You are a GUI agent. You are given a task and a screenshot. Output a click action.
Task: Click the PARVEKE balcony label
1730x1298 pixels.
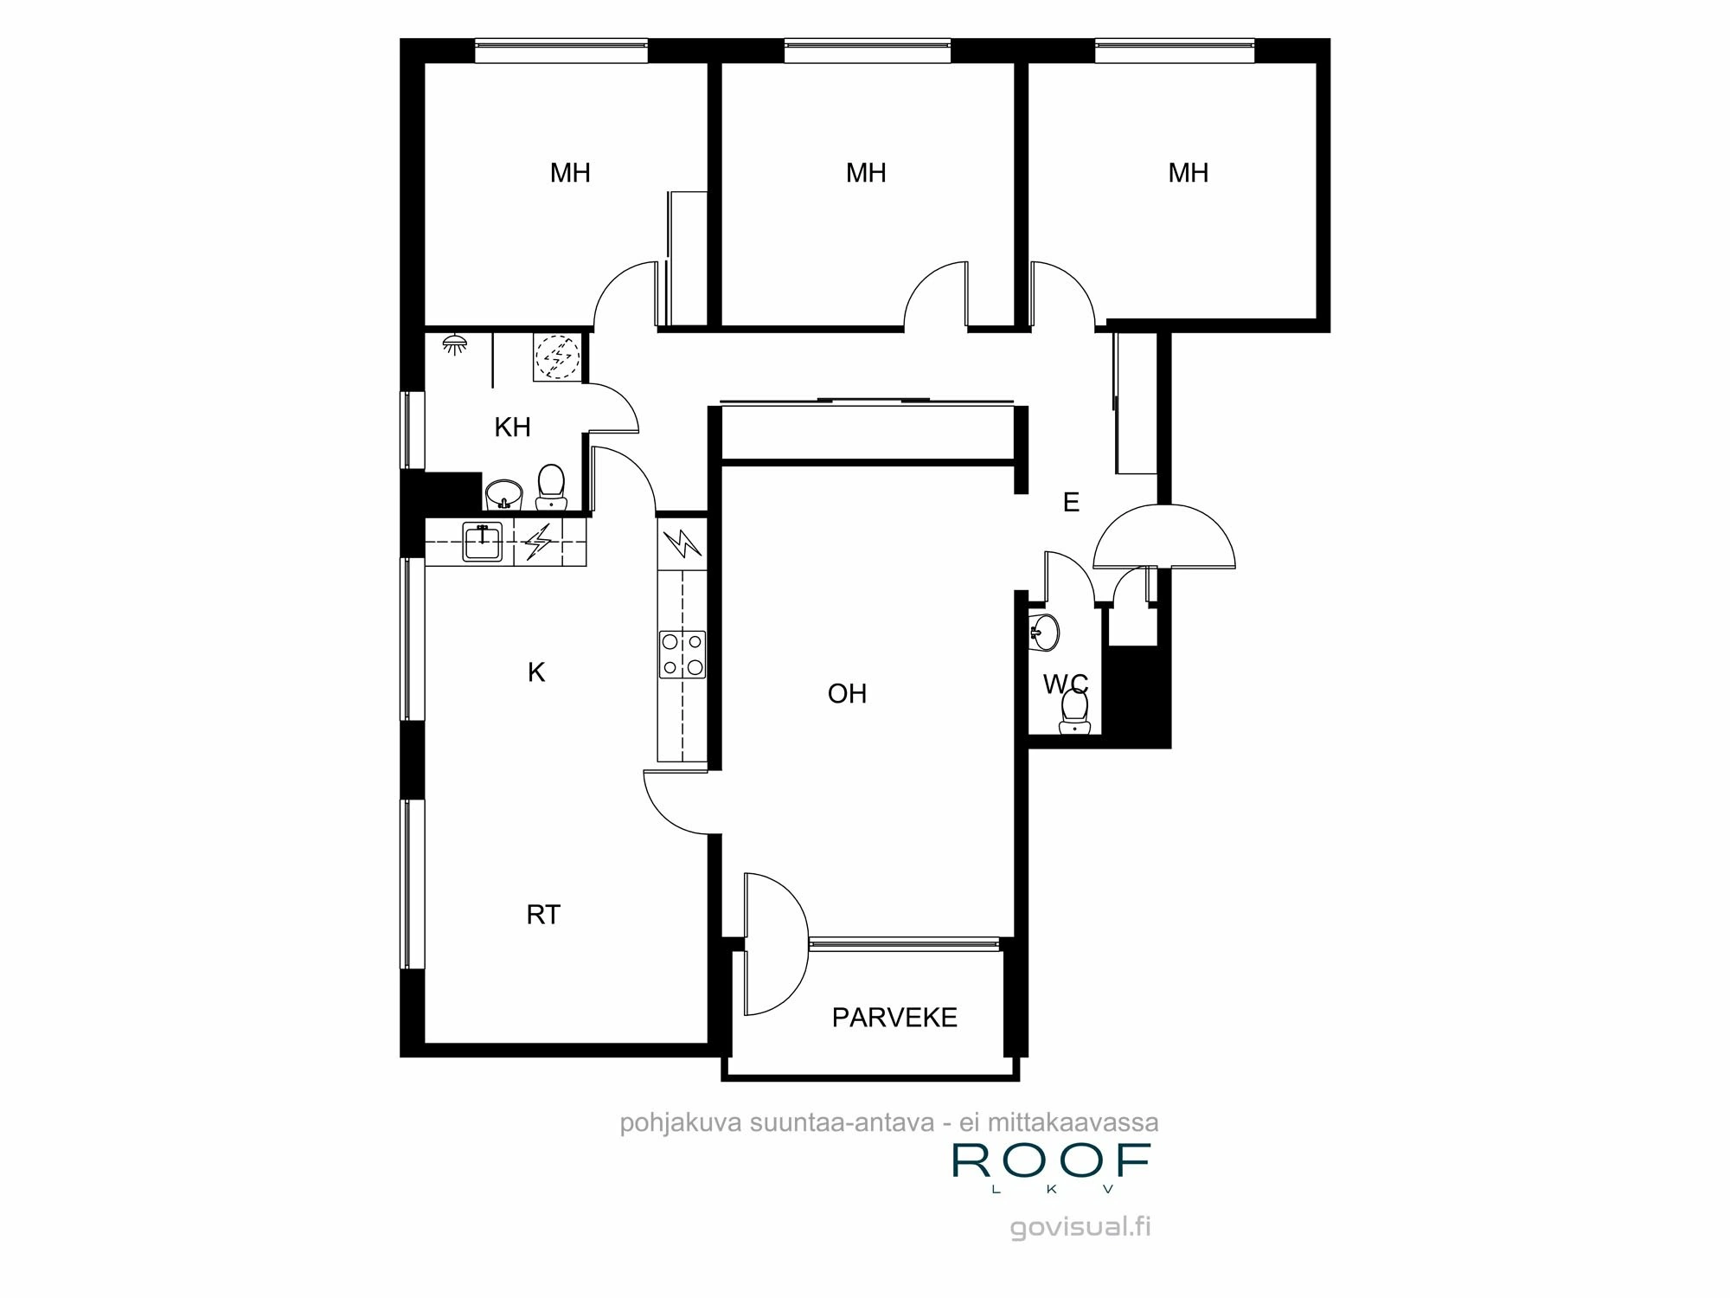click(x=894, y=1018)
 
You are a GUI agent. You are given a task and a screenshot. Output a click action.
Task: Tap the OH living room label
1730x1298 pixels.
click(x=847, y=694)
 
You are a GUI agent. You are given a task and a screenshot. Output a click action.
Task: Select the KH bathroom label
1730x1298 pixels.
click(x=512, y=427)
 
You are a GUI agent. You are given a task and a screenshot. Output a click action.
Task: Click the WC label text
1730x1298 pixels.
click(x=1066, y=685)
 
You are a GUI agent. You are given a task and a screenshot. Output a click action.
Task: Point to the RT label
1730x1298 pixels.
click(x=543, y=915)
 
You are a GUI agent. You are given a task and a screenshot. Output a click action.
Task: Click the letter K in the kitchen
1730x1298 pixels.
click(x=536, y=672)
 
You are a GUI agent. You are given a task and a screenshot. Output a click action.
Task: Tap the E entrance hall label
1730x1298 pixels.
click(x=1071, y=503)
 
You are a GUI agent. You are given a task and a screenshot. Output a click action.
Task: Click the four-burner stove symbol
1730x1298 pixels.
click(x=682, y=654)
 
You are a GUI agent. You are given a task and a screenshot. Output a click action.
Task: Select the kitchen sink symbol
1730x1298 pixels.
click(x=482, y=543)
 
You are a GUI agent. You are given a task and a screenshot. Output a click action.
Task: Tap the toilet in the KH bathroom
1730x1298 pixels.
click(x=551, y=487)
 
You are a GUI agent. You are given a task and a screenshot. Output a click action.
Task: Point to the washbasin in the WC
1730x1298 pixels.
click(x=1045, y=633)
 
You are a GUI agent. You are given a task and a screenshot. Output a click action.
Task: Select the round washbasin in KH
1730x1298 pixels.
click(x=503, y=496)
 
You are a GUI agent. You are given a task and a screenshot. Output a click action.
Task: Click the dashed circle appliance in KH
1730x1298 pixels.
click(x=557, y=356)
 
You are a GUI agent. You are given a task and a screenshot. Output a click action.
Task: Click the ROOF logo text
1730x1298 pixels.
click(x=1051, y=1161)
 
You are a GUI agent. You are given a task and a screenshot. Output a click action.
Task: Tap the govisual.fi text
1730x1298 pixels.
click(x=1080, y=1227)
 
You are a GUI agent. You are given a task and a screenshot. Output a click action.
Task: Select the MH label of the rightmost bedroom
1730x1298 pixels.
click(x=1188, y=173)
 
